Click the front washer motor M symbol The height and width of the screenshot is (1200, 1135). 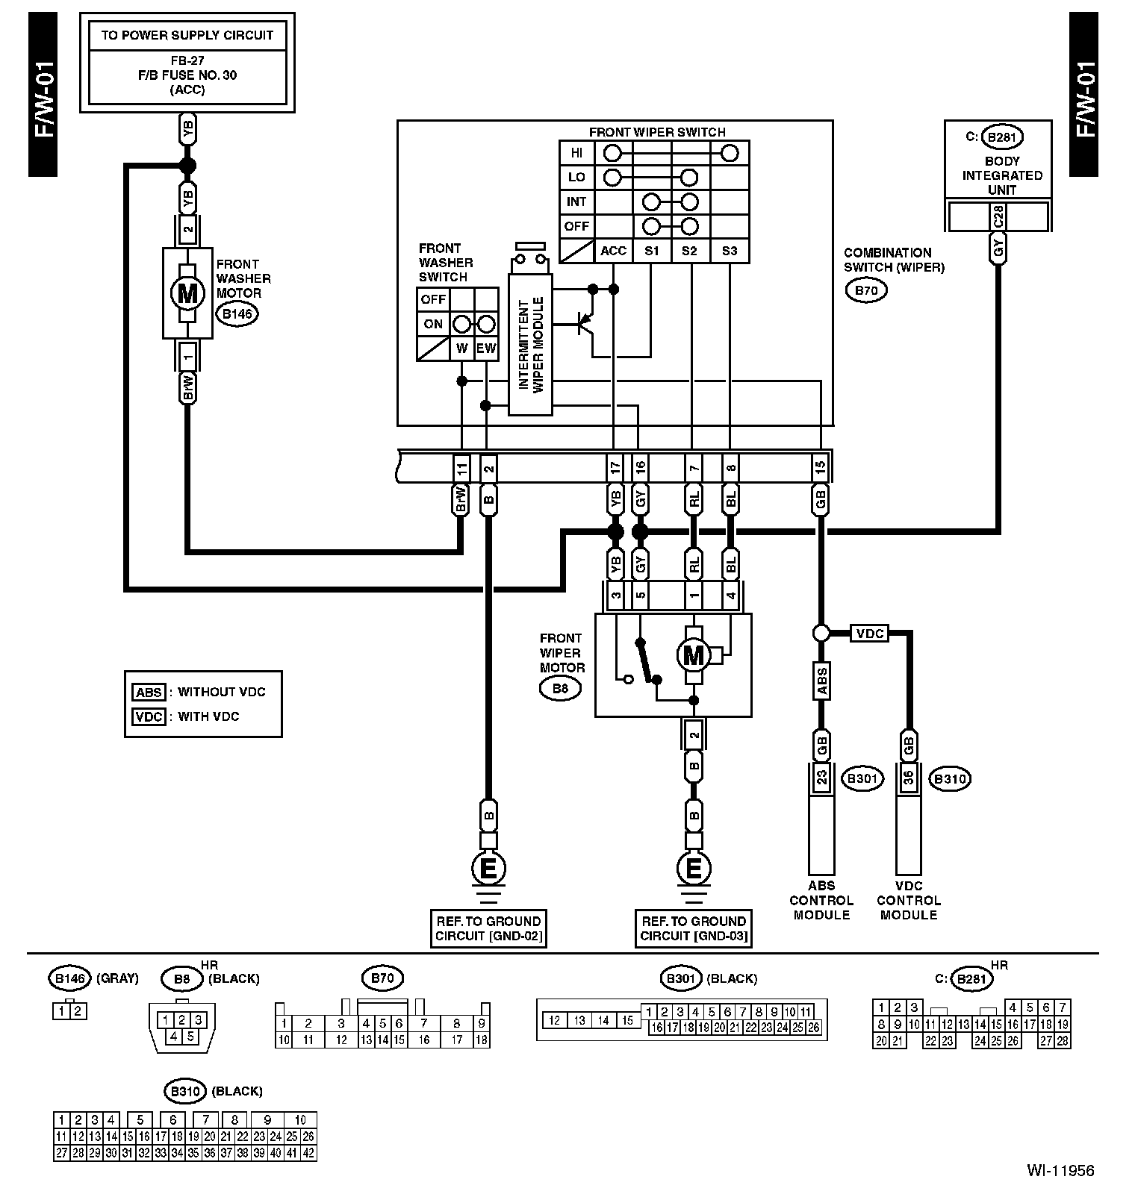pos(187,293)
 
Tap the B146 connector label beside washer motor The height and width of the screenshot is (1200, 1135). pos(237,314)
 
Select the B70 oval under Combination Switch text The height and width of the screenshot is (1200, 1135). pos(866,290)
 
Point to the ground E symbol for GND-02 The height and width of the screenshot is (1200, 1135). pos(488,868)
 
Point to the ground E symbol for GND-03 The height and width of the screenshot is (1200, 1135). pos(694,868)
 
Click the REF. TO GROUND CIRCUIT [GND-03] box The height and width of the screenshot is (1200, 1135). pos(693,928)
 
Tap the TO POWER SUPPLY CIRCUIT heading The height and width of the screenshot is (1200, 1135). pos(187,35)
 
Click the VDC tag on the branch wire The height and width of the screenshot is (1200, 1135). pos(870,634)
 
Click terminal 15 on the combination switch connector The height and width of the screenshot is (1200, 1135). pos(821,468)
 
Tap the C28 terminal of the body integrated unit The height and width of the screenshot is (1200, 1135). pos(998,217)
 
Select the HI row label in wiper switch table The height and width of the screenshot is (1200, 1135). pos(576,153)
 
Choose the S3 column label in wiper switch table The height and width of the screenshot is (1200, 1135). pos(730,251)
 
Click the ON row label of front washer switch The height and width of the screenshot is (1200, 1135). pos(433,324)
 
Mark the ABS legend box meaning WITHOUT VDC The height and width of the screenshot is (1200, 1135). pos(149,693)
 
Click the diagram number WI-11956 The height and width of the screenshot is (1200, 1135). pos(1060,1170)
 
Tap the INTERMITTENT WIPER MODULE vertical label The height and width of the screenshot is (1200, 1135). pos(530,344)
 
